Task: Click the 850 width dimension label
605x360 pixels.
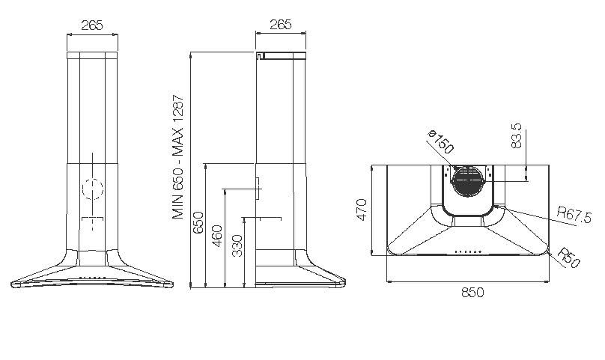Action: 472,293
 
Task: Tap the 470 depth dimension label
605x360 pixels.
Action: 361,210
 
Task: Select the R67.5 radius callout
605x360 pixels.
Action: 574,216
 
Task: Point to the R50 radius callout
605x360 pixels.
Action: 569,257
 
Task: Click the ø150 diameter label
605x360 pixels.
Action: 441,141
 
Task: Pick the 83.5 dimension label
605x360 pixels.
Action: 516,135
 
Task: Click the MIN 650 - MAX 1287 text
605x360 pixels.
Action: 178,156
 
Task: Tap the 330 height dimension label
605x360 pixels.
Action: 237,245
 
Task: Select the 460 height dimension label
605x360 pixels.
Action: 217,236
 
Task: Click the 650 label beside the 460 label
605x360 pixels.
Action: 198,222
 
